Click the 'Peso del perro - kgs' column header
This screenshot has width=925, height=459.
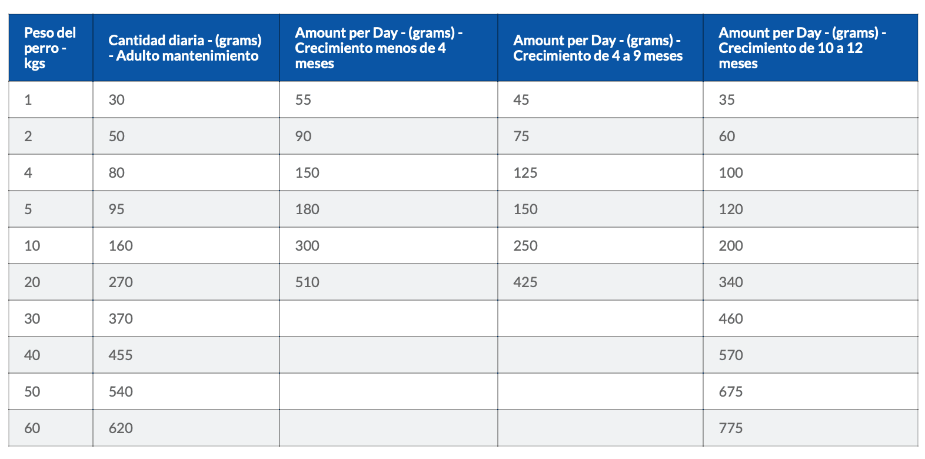click(50, 48)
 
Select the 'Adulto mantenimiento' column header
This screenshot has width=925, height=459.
click(185, 48)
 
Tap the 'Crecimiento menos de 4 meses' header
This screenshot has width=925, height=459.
click(379, 48)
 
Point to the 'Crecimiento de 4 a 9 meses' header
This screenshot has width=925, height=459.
click(597, 48)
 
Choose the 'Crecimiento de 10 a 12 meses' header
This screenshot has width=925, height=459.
click(802, 48)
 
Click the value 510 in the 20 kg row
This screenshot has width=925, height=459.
click(307, 282)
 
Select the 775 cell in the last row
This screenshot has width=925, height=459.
click(730, 428)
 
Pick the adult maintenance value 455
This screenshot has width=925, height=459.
click(121, 355)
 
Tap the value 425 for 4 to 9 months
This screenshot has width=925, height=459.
click(525, 282)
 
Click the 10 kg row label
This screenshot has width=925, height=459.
click(32, 246)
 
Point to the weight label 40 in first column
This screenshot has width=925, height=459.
click(32, 355)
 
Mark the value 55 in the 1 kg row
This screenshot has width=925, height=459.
click(302, 100)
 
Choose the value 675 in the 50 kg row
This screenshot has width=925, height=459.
click(730, 392)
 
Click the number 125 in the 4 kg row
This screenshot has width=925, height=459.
click(525, 172)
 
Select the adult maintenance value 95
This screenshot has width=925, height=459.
click(116, 209)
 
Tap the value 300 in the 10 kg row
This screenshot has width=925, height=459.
click(307, 246)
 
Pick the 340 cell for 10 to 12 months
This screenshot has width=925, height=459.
click(730, 282)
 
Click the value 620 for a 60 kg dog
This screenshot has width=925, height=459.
click(121, 428)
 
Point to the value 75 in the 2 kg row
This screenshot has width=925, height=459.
click(521, 137)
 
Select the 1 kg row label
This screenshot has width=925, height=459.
click(28, 100)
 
